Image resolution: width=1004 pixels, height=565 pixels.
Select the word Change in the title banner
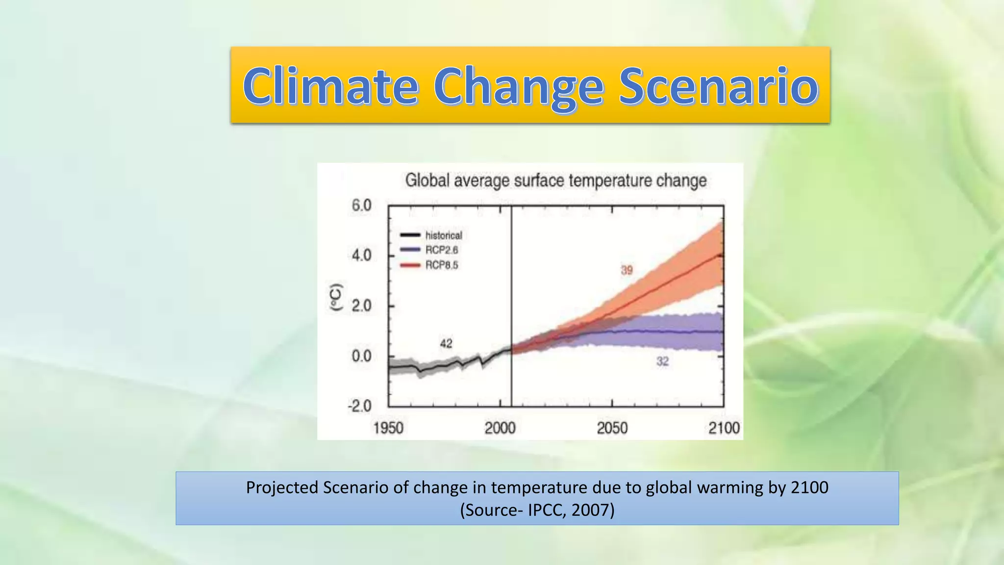point(518,87)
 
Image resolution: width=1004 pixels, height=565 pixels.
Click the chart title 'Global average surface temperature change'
point(555,180)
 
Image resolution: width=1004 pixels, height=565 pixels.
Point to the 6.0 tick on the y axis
point(361,205)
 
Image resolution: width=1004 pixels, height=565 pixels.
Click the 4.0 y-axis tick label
point(361,256)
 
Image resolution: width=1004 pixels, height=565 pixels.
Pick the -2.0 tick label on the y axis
point(359,406)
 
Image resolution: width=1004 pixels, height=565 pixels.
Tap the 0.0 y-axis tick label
point(361,356)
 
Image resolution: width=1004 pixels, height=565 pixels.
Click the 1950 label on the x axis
point(388,428)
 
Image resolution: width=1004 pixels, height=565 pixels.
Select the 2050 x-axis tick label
point(612,428)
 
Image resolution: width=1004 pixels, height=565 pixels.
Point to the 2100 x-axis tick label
point(724,428)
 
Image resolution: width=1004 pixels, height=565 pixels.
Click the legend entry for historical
point(443,235)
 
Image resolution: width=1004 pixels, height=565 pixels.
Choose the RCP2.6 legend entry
point(441,250)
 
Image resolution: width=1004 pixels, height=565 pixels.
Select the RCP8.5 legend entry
point(441,265)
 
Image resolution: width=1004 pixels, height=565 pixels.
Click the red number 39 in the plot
point(627,270)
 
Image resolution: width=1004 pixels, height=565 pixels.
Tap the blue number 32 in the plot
point(662,361)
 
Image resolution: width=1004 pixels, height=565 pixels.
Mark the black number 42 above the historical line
point(446,343)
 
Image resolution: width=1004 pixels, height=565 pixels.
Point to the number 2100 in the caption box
point(809,488)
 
